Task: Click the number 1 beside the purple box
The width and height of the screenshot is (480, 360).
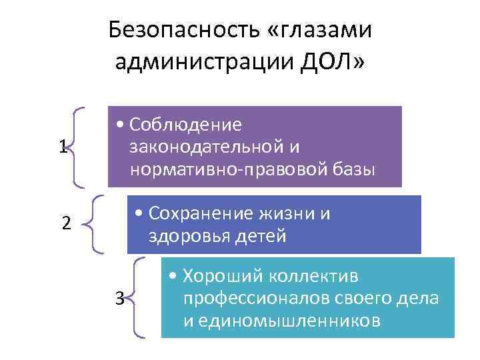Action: coord(62,147)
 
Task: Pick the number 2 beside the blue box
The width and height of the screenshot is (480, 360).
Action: coord(66,223)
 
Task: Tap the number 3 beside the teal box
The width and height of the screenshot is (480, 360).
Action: coord(119,297)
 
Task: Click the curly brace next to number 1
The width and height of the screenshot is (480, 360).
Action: coord(79,147)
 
